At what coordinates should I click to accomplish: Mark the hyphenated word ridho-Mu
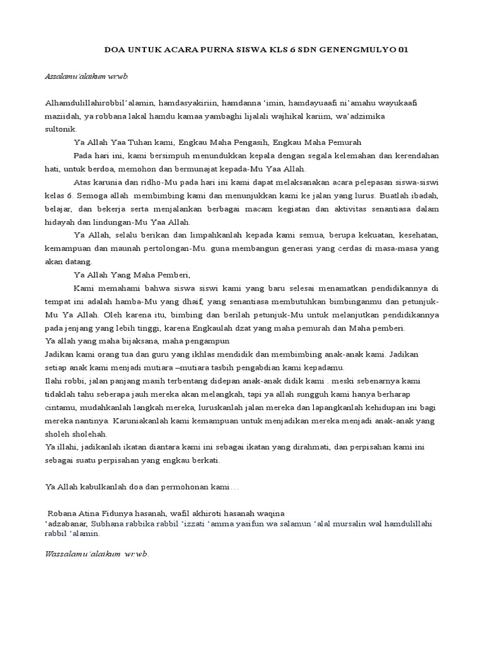148,182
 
